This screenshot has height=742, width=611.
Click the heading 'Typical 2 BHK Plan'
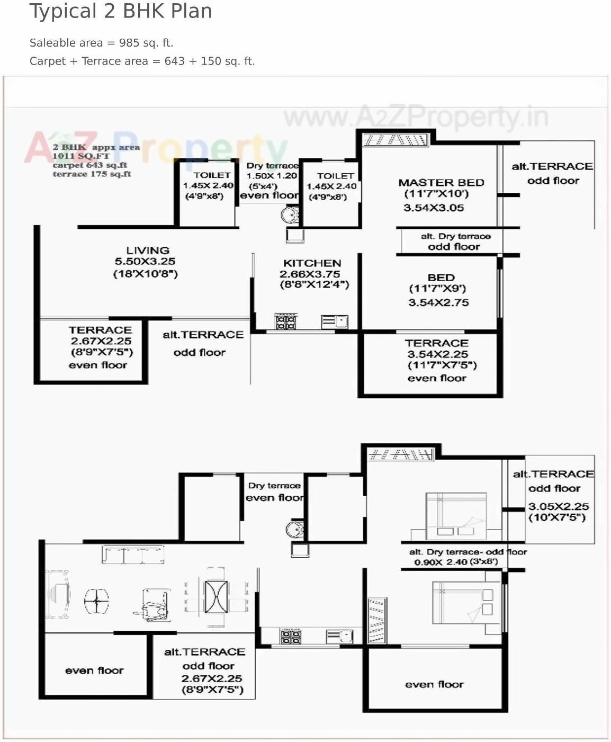click(x=121, y=11)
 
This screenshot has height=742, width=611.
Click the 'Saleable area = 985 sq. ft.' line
click(x=102, y=43)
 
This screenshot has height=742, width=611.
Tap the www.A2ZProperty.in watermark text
click(x=416, y=118)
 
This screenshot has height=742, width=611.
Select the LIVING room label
click(x=148, y=251)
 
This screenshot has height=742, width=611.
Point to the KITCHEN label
click(x=312, y=263)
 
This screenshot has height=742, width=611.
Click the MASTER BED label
click(x=441, y=183)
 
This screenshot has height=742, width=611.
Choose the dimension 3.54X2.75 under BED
click(x=438, y=302)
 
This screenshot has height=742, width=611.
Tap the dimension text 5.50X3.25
click(x=145, y=262)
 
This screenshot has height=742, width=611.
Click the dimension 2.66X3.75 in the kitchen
click(x=310, y=274)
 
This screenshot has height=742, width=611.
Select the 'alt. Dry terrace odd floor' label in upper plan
click(x=455, y=242)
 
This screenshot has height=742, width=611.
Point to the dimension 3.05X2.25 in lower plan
click(x=559, y=506)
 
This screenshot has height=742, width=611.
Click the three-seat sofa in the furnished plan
click(x=133, y=555)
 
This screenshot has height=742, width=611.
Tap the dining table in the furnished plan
click(x=215, y=596)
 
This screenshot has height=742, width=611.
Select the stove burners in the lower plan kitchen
click(x=290, y=637)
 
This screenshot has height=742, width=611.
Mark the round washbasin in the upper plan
click(x=290, y=215)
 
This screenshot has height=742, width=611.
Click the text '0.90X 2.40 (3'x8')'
click(x=455, y=562)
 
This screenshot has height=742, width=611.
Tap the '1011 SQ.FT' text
click(x=81, y=156)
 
